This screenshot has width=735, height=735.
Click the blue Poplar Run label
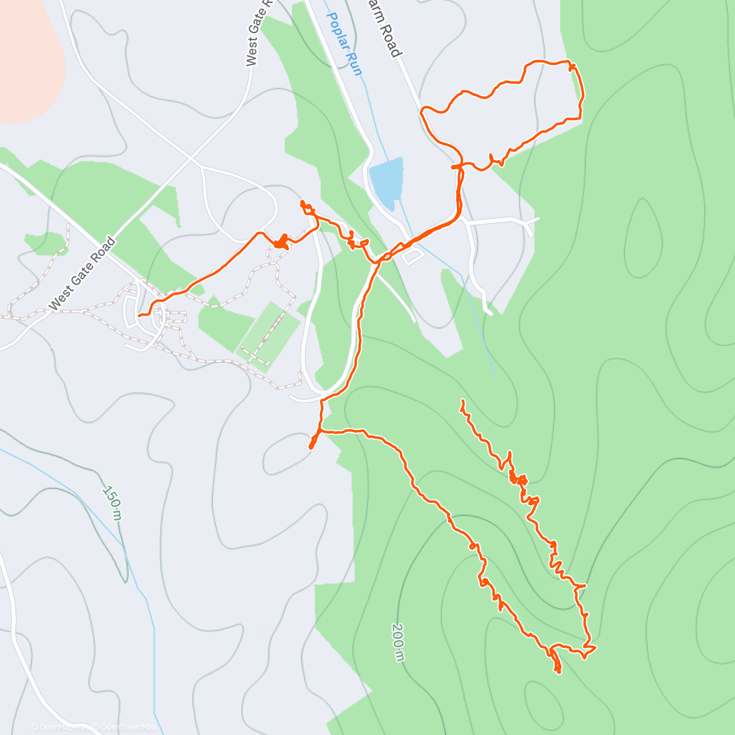tap(345, 44)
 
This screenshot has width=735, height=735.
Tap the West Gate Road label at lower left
tap(82, 273)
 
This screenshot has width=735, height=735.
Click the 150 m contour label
tap(111, 503)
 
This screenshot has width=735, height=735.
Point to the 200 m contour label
tap(398, 643)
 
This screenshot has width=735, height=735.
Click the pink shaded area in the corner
tap(28, 55)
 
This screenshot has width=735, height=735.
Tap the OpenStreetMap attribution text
tap(128, 727)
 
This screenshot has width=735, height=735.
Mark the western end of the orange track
tap(140, 315)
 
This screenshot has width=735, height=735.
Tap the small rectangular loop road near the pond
tap(412, 254)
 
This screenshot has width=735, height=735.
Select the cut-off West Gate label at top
tap(257, 34)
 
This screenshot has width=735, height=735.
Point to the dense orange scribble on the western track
tap(281, 243)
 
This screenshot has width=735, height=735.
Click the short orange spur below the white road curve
tap(313, 442)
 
